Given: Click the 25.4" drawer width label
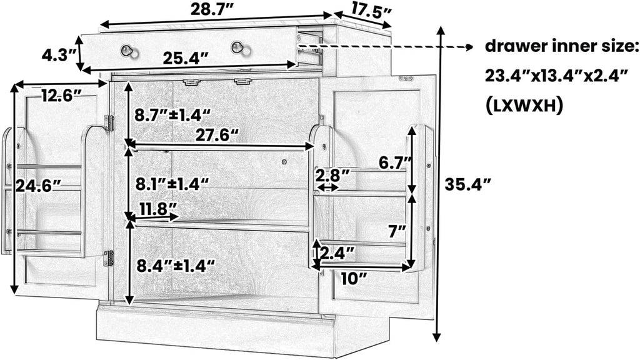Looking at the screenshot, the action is [x=186, y=59].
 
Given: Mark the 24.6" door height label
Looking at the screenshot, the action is [x=38, y=186].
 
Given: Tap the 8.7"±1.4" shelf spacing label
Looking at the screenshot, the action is [x=172, y=116].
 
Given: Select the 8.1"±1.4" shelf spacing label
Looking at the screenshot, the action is [x=172, y=184].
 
